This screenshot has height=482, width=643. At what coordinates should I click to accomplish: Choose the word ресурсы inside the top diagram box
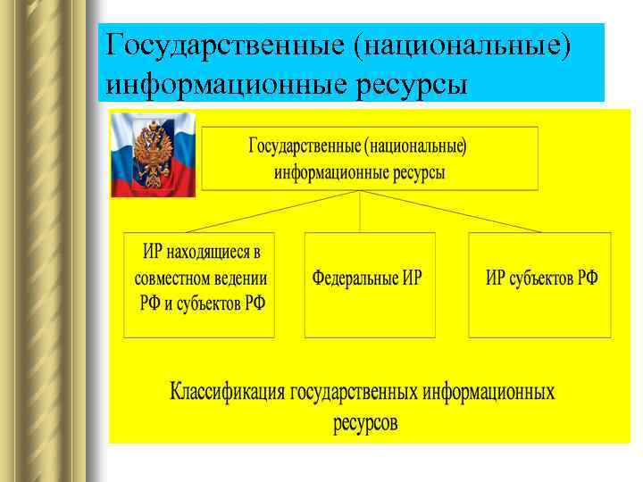[x=415, y=172]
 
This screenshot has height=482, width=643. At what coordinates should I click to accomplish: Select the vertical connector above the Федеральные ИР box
[x=360, y=212]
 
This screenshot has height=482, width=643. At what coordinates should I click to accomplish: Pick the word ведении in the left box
[x=246, y=277]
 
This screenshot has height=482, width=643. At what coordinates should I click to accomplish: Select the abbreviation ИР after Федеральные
[x=412, y=277]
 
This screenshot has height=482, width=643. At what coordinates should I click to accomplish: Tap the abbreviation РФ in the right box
[x=588, y=277]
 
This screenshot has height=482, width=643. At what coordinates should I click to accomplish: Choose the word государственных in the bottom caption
[x=355, y=393]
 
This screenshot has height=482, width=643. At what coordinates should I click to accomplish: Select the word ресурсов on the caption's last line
[x=365, y=422]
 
